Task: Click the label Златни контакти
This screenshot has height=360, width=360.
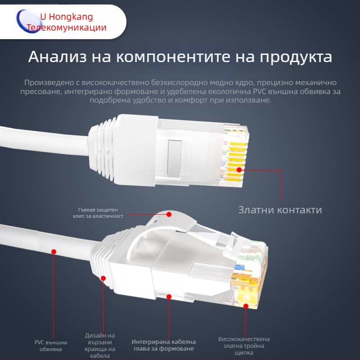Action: point(280,210)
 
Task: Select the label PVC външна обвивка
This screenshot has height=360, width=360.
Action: point(48,345)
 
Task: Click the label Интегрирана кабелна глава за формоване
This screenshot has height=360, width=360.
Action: point(164,345)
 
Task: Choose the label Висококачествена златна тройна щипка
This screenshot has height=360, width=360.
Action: point(244,346)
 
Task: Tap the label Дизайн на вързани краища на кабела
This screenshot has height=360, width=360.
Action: point(100,346)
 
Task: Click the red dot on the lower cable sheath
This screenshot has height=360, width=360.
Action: point(54,252)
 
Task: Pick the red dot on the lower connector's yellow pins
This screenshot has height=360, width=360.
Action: point(246,306)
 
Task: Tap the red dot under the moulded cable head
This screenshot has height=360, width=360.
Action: point(169,297)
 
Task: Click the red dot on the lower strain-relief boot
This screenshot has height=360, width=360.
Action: point(103,279)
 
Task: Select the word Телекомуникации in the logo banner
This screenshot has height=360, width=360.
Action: point(67,27)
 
